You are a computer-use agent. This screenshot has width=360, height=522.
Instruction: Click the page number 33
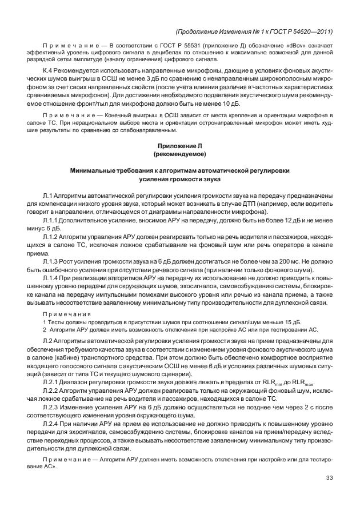[329, 479]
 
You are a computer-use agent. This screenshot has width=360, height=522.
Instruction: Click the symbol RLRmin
[275, 382]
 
